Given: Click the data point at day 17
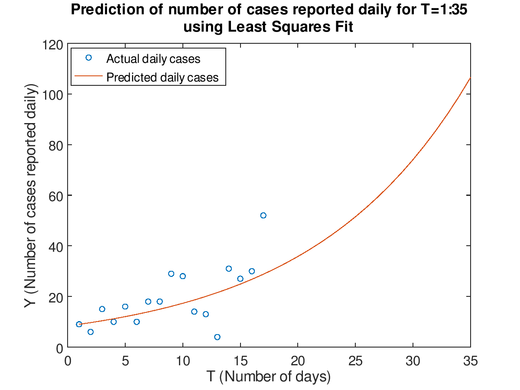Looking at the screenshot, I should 263,215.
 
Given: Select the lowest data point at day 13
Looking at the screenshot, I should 217,337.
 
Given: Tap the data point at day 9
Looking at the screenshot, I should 171,274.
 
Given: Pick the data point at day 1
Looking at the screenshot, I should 79,324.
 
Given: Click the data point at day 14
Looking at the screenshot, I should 229,269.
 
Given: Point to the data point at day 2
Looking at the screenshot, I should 91,332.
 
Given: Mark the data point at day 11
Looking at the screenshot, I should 194,312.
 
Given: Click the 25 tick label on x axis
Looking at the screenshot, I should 355,361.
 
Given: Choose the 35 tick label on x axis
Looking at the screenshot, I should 470,361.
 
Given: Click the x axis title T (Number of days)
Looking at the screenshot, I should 269,377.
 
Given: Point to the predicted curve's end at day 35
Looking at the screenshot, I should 470,78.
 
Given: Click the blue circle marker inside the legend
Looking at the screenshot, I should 88,58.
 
